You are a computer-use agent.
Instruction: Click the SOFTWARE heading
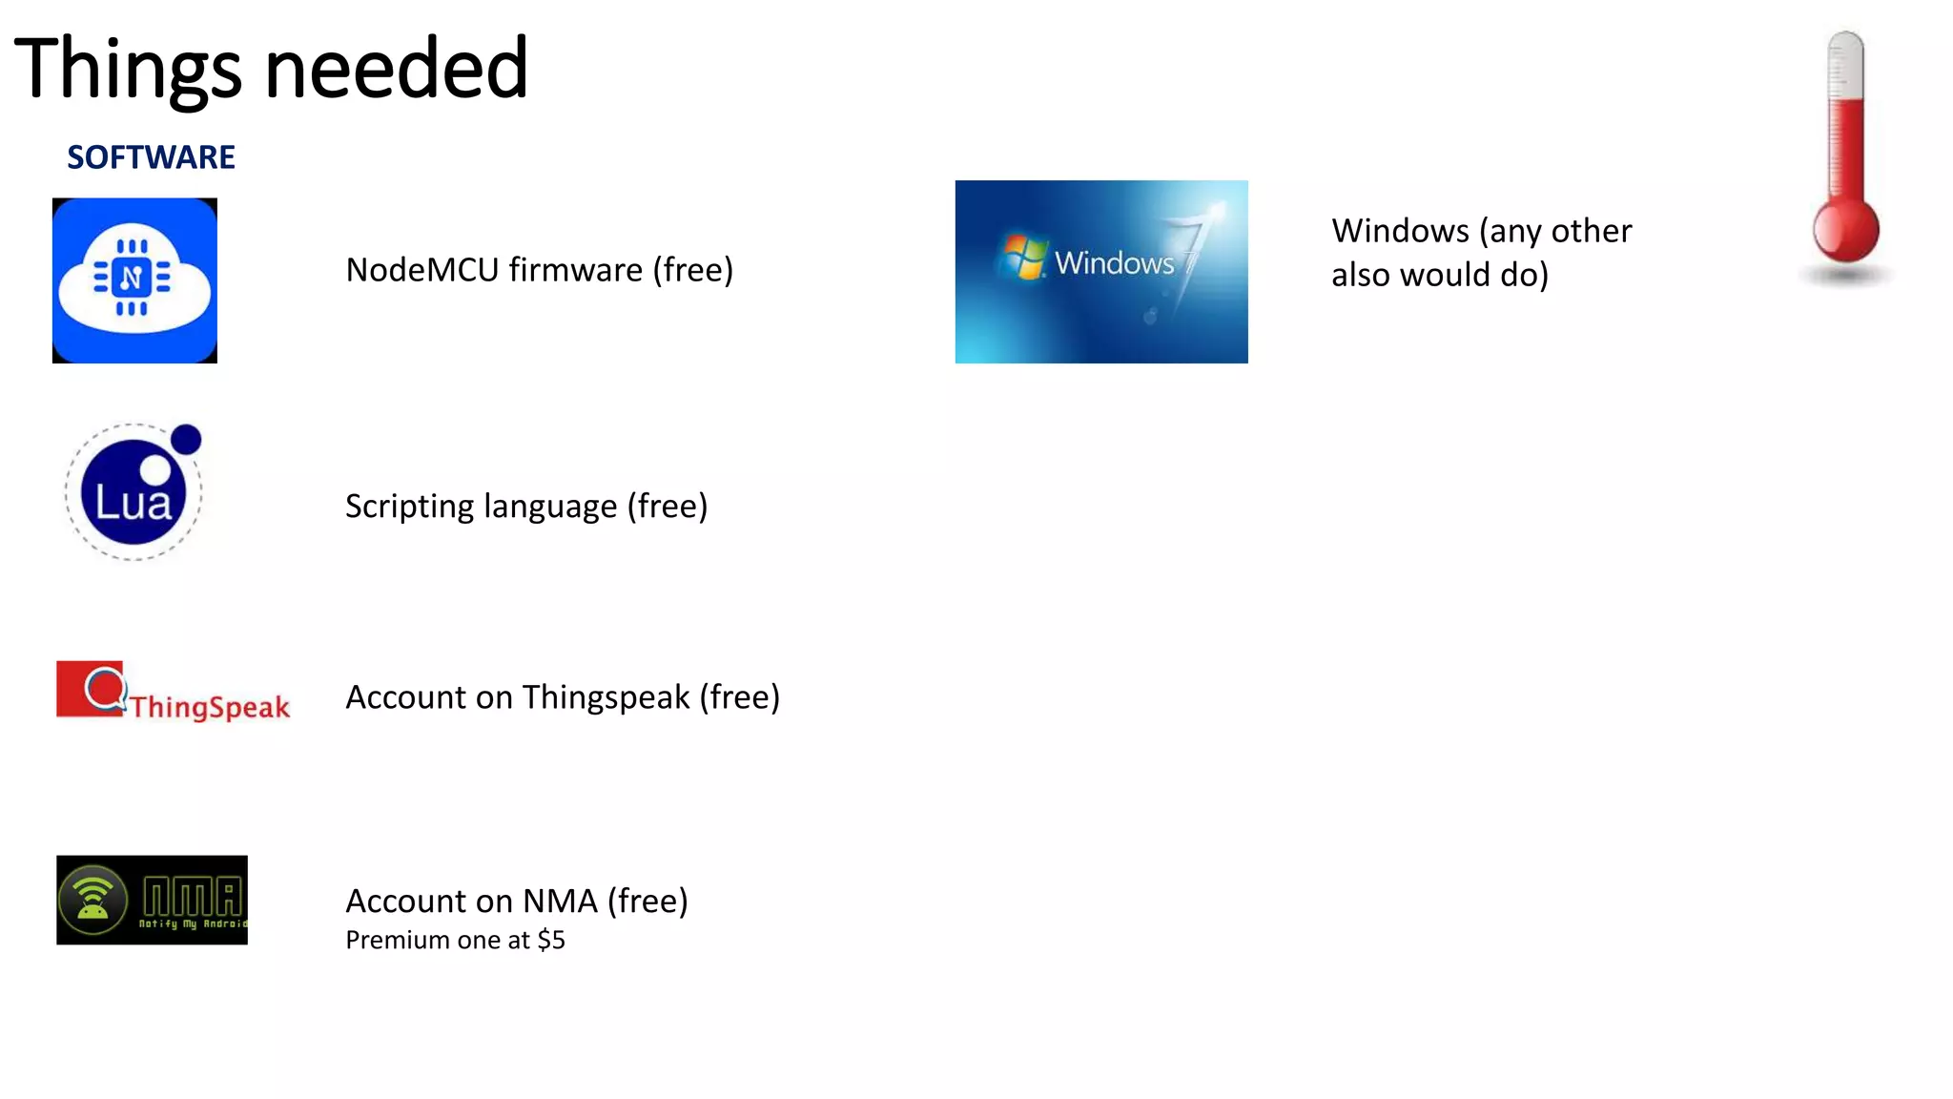coord(151,157)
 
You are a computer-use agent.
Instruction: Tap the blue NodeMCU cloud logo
coord(134,280)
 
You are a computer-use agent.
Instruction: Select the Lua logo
coord(134,492)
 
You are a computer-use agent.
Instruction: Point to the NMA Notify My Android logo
coord(152,900)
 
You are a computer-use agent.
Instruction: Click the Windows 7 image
coord(1101,272)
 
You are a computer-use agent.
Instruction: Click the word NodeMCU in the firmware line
coord(422,270)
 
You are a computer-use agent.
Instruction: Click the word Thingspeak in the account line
coord(606,697)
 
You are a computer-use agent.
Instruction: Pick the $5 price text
coord(551,941)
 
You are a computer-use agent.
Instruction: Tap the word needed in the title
coord(396,69)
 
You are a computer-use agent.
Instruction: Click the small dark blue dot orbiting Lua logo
coord(186,440)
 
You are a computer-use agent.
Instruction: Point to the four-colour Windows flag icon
coord(1023,257)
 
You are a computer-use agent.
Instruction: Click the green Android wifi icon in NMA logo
coord(93,900)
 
